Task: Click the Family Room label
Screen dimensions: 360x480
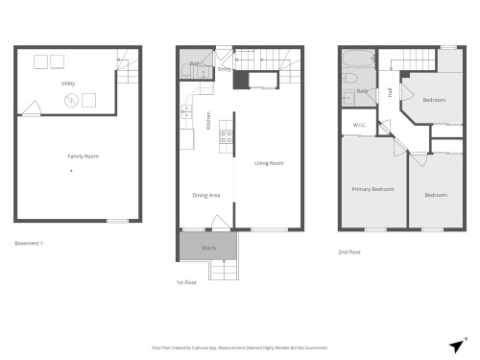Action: click(84, 156)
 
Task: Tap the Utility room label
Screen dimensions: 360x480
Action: click(69, 84)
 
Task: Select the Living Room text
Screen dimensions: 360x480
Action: click(269, 163)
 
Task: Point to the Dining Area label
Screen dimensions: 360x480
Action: click(206, 195)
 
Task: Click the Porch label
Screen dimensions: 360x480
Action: click(208, 248)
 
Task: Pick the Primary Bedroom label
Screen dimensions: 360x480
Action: click(372, 189)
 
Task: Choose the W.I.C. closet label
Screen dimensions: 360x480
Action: click(360, 125)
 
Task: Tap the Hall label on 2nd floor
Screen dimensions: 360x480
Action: click(390, 93)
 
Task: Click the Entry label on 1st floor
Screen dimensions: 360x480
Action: click(223, 69)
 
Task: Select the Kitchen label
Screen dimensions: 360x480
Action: click(208, 122)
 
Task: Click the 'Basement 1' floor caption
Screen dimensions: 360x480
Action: click(29, 243)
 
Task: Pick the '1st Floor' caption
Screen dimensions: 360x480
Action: click(186, 283)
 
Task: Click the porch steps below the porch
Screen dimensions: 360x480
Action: click(225, 272)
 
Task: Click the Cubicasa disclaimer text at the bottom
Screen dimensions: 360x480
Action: click(240, 348)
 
